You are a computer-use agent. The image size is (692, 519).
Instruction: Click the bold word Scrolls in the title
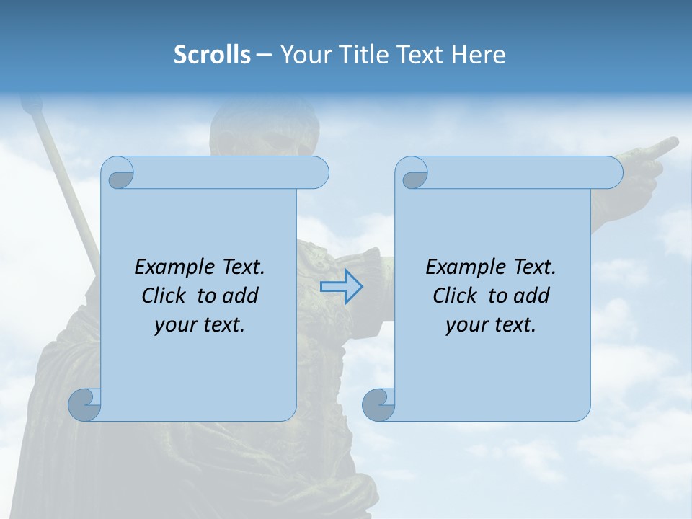(212, 55)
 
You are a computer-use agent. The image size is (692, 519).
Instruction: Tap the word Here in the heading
(479, 55)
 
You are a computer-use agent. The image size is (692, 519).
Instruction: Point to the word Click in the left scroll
(158, 296)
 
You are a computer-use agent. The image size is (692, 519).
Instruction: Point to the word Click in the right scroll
(449, 296)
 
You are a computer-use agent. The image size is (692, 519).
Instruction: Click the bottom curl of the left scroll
(84, 404)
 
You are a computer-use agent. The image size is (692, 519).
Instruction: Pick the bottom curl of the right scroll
(378, 404)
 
